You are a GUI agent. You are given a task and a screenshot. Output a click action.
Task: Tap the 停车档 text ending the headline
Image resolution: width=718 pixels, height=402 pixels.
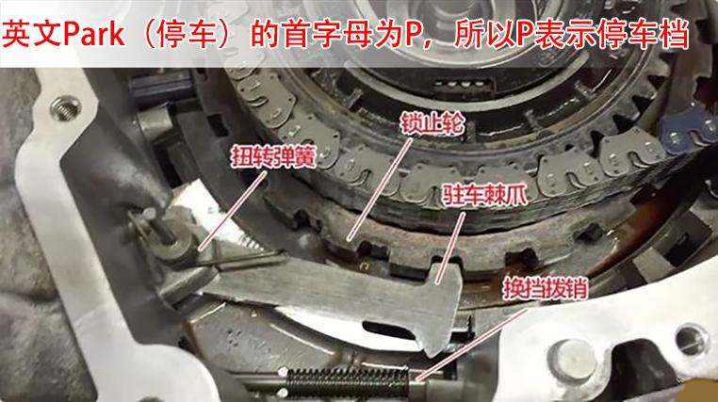[x=651, y=34]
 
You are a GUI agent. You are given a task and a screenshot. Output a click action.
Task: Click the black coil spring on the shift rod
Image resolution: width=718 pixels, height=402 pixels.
[x=349, y=380]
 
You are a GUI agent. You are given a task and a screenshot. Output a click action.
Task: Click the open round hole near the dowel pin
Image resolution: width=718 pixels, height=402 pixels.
[x=689, y=335]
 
